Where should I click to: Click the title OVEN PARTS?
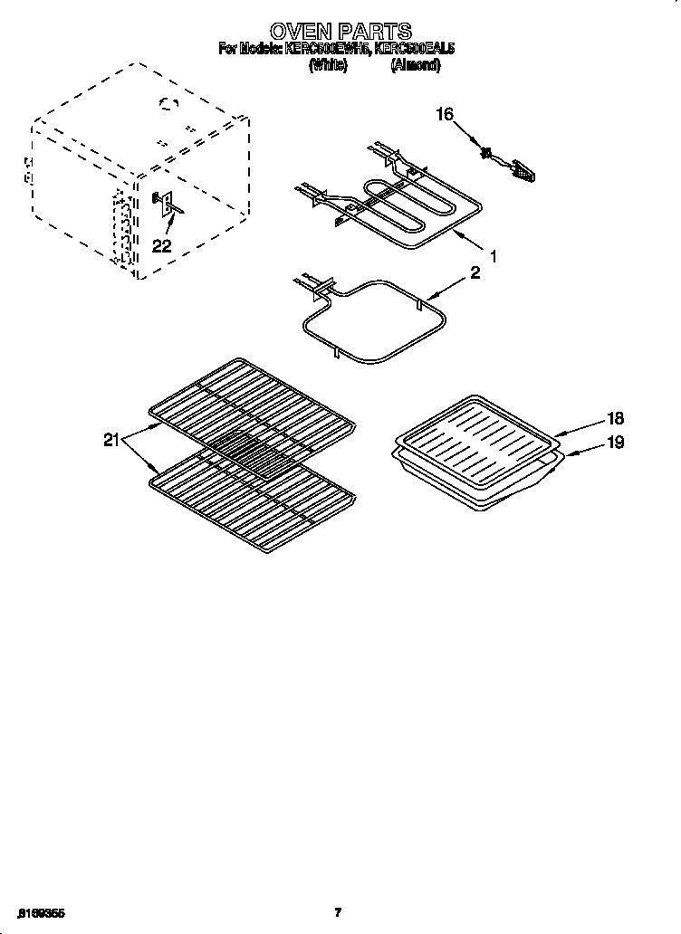pos(340,33)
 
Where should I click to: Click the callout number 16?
pos(444,114)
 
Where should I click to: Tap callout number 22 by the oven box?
pos(161,245)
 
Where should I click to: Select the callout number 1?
pos(494,257)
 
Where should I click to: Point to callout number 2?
pos(475,273)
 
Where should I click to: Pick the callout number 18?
pos(615,418)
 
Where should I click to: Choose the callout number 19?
pos(615,443)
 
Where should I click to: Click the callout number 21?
pos(111,440)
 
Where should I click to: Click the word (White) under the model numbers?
pos(328,66)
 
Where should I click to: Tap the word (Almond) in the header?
pos(415,66)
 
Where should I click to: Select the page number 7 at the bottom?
pos(338,912)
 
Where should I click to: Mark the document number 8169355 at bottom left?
pos(39,912)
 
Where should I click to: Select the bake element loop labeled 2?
pos(376,321)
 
